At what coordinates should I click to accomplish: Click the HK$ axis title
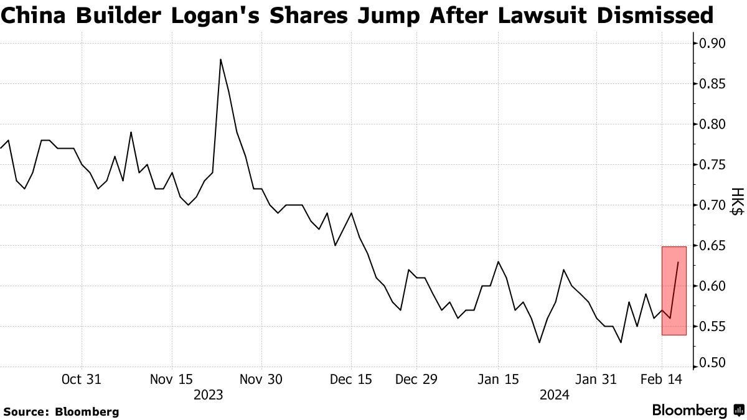click(736, 202)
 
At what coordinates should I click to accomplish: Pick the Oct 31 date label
click(82, 379)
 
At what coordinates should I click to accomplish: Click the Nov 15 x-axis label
click(172, 379)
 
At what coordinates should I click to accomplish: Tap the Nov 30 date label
click(261, 379)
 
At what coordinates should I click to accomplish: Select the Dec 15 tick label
click(351, 379)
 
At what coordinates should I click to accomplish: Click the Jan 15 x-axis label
click(498, 379)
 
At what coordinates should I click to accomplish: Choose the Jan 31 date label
click(596, 379)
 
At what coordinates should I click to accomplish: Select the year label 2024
click(553, 394)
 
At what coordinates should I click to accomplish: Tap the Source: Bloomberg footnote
click(61, 411)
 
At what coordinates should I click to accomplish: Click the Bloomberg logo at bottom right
click(697, 411)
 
